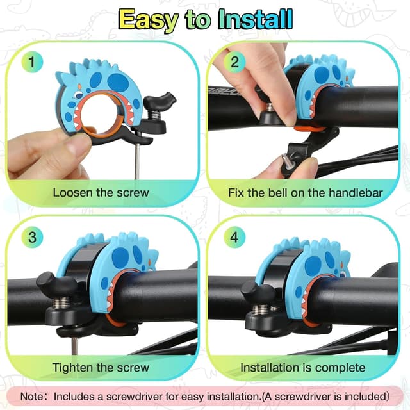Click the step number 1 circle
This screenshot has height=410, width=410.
coord(32,62)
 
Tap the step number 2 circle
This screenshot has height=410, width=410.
coord(234,62)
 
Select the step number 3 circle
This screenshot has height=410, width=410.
coord(32,237)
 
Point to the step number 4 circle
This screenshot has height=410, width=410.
coord(234,237)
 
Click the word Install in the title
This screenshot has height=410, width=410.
coord(255,20)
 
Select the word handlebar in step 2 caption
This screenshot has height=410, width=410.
coord(356,193)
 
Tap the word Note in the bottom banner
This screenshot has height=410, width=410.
coord(32,397)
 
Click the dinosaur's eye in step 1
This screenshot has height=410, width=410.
coord(78,95)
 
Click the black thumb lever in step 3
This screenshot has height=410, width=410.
coord(56,283)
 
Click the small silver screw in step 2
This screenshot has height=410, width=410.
coord(287,161)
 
